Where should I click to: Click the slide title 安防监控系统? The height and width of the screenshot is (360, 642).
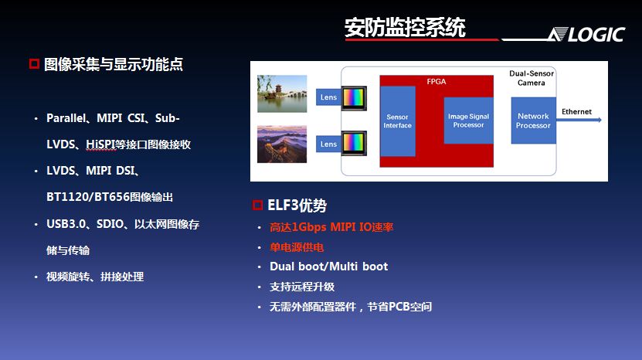click(x=405, y=28)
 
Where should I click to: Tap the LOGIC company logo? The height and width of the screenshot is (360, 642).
click(x=587, y=35)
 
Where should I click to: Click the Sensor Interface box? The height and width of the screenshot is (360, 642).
click(x=398, y=121)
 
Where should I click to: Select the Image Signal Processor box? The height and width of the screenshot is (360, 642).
click(x=468, y=121)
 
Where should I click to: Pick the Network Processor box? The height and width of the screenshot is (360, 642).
click(x=533, y=121)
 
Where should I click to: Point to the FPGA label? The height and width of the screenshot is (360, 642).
click(x=436, y=81)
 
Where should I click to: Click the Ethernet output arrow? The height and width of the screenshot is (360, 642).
click(x=579, y=120)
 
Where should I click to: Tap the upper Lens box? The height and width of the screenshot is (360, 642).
click(x=328, y=97)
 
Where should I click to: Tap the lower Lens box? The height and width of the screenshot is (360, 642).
click(x=328, y=144)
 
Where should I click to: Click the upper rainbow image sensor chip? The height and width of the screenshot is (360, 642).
click(x=354, y=98)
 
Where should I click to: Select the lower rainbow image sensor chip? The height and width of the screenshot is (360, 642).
click(x=354, y=143)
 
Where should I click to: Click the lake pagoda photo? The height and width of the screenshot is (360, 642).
click(x=282, y=93)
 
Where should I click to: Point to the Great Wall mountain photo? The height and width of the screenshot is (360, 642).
click(x=282, y=144)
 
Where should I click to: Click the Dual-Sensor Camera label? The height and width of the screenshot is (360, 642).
click(x=532, y=78)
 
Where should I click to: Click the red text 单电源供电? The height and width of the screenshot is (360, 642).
click(x=297, y=247)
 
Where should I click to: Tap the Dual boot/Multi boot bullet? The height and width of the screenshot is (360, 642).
click(x=328, y=267)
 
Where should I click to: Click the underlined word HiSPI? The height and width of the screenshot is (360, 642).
click(x=101, y=144)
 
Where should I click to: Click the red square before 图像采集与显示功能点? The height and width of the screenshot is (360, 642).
click(x=34, y=64)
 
